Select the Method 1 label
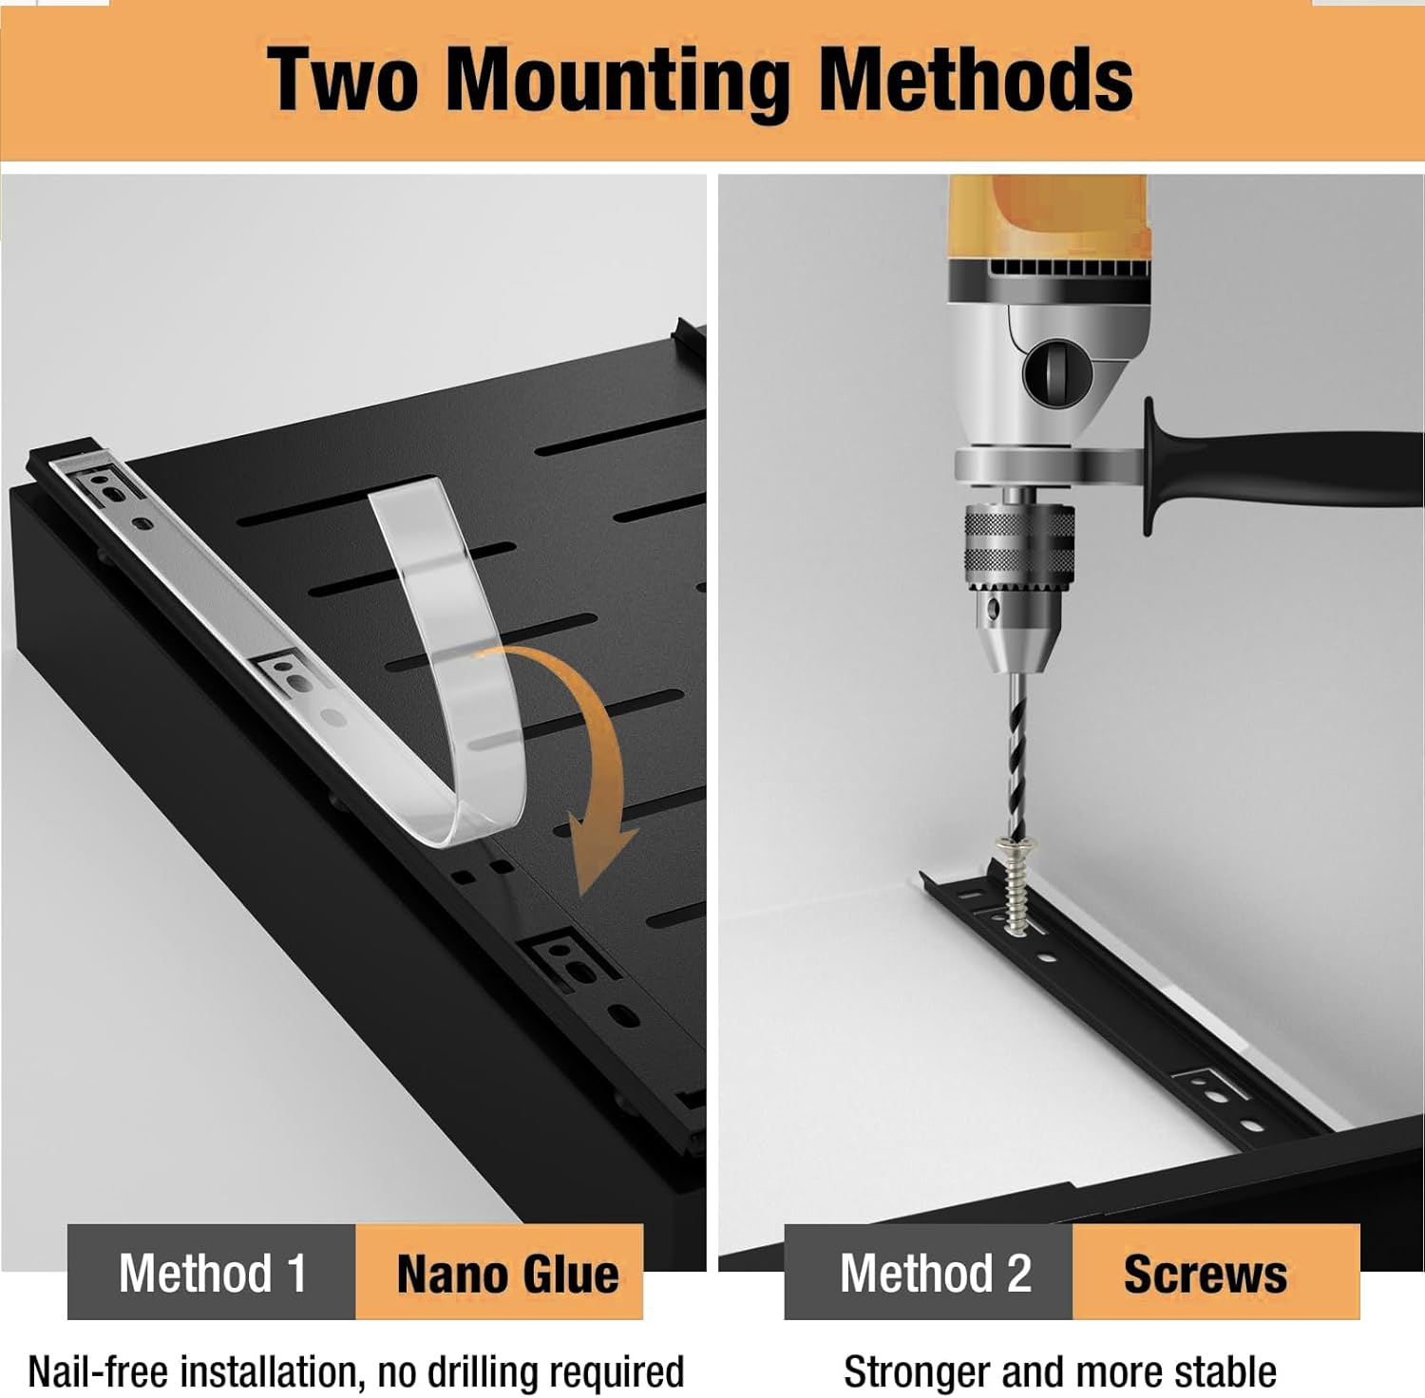(212, 1273)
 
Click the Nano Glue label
(507, 1274)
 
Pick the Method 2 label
(935, 1273)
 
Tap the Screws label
(1206, 1274)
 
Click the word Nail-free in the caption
(98, 1371)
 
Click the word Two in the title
(342, 81)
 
